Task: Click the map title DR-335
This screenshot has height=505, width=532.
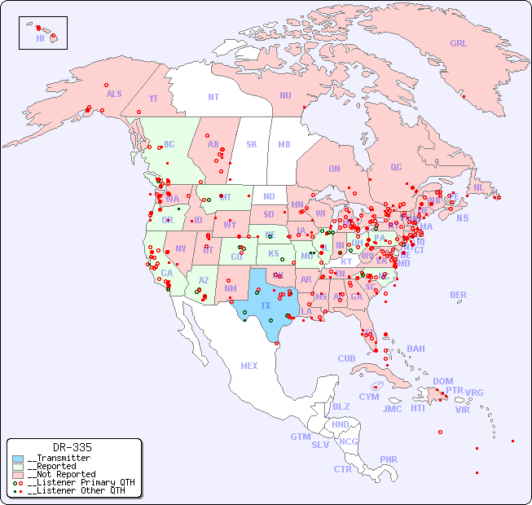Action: (x=72, y=447)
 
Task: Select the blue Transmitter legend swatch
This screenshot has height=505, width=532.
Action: (x=18, y=459)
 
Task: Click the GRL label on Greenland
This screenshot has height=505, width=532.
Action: (x=459, y=44)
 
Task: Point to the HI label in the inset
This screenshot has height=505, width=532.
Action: (x=40, y=38)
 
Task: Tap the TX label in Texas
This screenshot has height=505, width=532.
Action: (x=265, y=305)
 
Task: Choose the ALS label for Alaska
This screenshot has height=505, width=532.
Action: (x=114, y=94)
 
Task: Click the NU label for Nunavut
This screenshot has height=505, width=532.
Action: (x=285, y=95)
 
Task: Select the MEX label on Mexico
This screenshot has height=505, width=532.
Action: (x=248, y=366)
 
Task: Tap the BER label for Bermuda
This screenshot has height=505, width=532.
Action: (x=458, y=295)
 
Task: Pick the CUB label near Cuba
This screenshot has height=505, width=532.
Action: (x=346, y=358)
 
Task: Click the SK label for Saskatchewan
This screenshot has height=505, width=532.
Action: (x=252, y=144)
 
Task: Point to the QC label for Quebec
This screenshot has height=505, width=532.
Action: (x=396, y=167)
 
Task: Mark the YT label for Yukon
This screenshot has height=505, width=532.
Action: (x=153, y=99)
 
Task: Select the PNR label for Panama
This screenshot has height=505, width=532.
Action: (x=389, y=459)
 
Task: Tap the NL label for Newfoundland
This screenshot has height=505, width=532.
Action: (x=478, y=187)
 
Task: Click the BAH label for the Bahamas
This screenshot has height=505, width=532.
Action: (x=415, y=349)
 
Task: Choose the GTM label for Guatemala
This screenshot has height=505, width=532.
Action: (x=300, y=437)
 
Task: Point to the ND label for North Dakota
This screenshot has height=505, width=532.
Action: (x=269, y=196)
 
